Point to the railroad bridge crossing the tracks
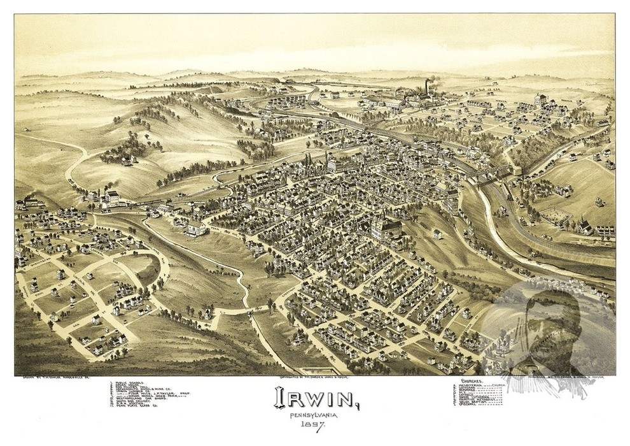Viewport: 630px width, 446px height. coord(493,171)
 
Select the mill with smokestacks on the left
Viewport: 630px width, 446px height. coord(107,196)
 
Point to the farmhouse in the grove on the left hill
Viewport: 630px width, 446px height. coord(126,159)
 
